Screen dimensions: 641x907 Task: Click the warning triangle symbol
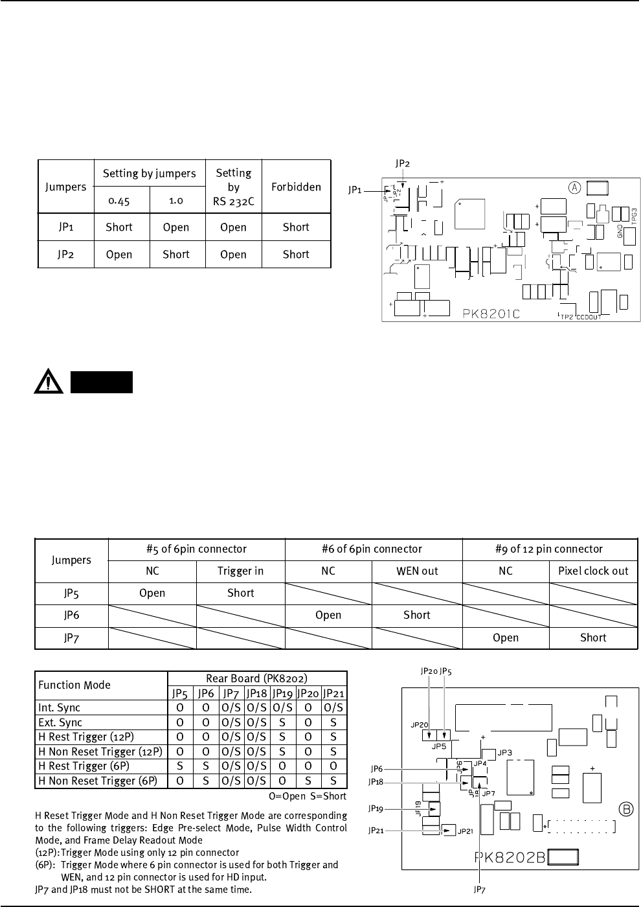tap(49, 383)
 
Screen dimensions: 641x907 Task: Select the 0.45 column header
tap(119, 200)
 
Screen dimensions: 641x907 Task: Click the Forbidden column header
tap(296, 187)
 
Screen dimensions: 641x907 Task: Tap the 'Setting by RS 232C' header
tap(233, 187)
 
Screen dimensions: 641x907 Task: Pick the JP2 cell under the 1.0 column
tap(175, 254)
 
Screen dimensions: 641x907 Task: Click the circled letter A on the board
tap(574, 187)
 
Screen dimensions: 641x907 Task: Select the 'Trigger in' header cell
tap(240, 571)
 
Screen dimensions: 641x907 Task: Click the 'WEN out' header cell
tap(417, 571)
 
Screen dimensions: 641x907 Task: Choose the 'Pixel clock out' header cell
tap(593, 571)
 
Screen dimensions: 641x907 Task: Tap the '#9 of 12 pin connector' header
tap(550, 549)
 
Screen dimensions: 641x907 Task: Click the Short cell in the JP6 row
tap(417, 615)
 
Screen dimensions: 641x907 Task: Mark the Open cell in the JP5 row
tap(152, 593)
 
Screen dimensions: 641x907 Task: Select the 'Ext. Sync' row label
tap(60, 722)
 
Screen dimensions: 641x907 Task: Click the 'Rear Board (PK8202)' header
tap(256, 678)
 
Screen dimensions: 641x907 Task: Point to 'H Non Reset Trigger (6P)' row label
tap(98, 781)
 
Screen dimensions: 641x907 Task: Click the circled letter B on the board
tap(626, 809)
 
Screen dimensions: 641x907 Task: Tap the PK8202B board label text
tap(512, 858)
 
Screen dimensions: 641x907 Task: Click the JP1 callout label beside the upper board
tap(355, 190)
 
